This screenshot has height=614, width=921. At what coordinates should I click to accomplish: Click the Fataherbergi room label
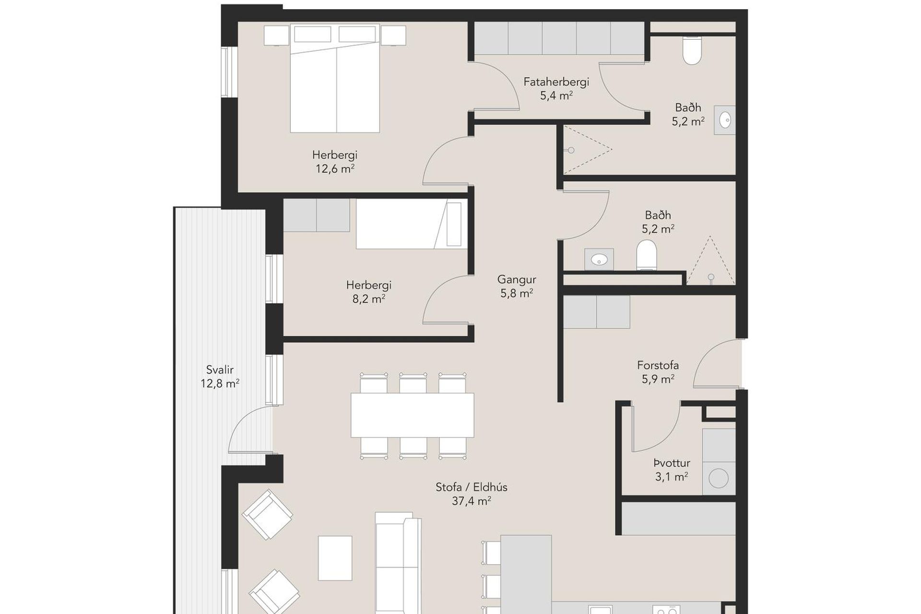click(556, 82)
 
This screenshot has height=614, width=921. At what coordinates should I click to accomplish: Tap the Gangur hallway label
click(517, 279)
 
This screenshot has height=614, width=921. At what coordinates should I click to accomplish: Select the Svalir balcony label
click(220, 370)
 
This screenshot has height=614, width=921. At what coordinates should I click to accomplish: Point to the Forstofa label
click(658, 365)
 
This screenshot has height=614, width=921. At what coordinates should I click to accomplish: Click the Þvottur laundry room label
click(672, 463)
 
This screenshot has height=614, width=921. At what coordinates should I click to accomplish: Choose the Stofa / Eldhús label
click(471, 487)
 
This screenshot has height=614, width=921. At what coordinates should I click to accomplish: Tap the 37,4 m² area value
click(471, 501)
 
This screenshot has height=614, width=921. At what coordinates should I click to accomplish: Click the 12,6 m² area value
click(335, 169)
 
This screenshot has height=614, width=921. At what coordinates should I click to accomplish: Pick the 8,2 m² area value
click(369, 299)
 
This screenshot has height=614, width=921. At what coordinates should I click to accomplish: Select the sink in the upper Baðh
click(724, 119)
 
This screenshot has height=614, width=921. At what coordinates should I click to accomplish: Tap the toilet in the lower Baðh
click(646, 255)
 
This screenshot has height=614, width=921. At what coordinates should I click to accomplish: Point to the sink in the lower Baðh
click(599, 260)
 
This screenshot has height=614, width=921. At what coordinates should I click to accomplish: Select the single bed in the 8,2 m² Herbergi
click(412, 224)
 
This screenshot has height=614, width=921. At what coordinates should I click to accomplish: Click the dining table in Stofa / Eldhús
click(413, 415)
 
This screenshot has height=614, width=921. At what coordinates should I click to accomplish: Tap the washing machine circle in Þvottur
click(719, 478)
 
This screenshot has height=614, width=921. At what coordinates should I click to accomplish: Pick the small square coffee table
click(335, 558)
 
